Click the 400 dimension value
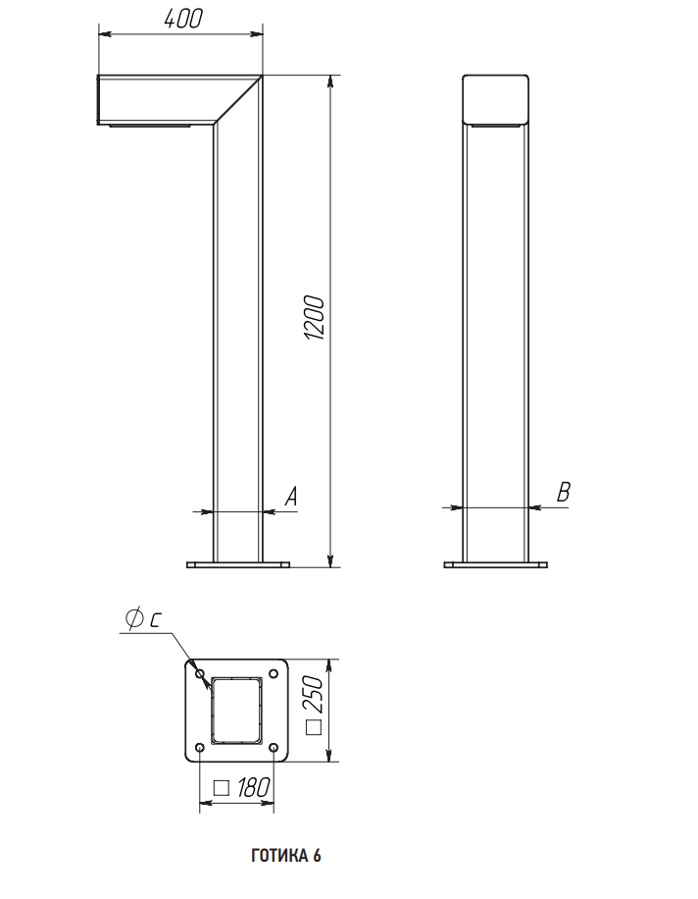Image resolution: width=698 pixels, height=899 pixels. coord(183,19)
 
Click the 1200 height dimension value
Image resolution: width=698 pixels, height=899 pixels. coord(314,318)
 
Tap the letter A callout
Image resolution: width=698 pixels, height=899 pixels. coord(291,497)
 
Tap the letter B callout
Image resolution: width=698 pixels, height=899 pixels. coord(564,492)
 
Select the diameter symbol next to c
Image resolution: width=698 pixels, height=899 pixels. coord(134,618)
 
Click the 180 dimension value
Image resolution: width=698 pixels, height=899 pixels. coord(253,788)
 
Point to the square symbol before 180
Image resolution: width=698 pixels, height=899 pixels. coord(221,788)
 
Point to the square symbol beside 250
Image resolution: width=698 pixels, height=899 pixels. coord(314,727)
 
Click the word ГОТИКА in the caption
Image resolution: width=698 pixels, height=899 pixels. coord(278,856)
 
